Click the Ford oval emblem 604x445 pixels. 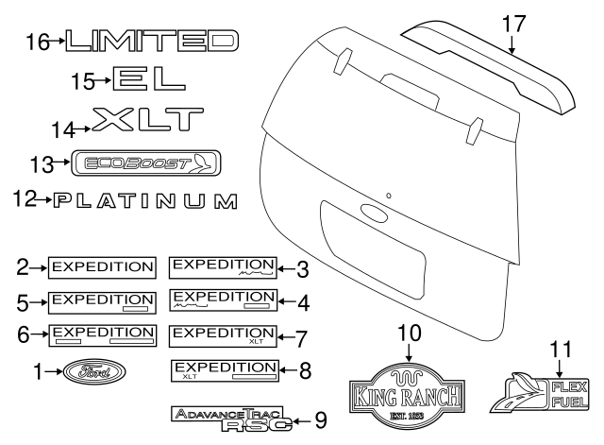coord(94,371)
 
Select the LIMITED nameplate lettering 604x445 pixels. coord(152,41)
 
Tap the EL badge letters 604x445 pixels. coord(149,78)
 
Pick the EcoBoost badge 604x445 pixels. coord(146,163)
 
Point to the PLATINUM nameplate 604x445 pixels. coord(145,201)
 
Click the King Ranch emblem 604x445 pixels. coord(407,396)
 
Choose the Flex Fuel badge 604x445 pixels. coord(540,393)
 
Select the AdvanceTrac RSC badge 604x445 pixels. coord(231,419)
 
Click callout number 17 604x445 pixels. coord(513,24)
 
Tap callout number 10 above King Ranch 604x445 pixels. coord(409,334)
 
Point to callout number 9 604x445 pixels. coord(321,420)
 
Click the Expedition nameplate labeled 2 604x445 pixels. coord(102,267)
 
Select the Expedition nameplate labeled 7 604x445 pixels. coord(223,335)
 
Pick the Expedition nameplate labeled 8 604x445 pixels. coord(225,370)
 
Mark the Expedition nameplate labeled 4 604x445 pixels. coord(223,300)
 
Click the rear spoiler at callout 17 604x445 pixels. coord(487,65)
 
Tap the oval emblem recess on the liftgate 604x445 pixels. coord(374,213)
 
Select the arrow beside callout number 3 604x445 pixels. coord(287,268)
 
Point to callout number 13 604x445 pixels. coord(42,164)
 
